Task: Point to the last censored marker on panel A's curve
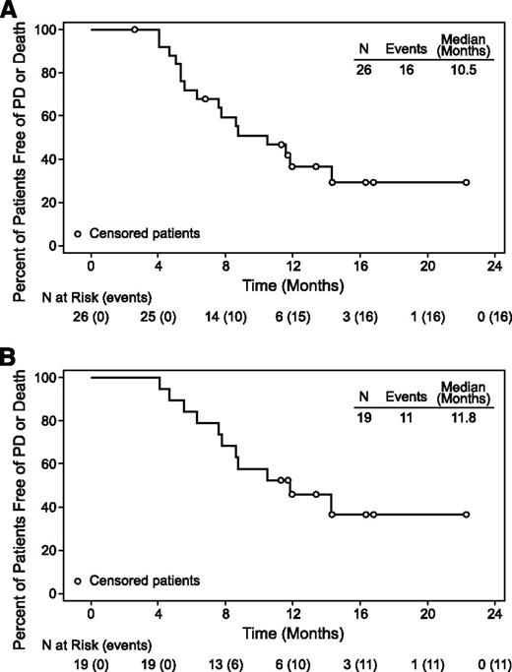pos(466,182)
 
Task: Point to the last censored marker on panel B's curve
pos(466,515)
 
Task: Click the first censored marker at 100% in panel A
pos(135,30)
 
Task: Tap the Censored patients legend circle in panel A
pos(78,234)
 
